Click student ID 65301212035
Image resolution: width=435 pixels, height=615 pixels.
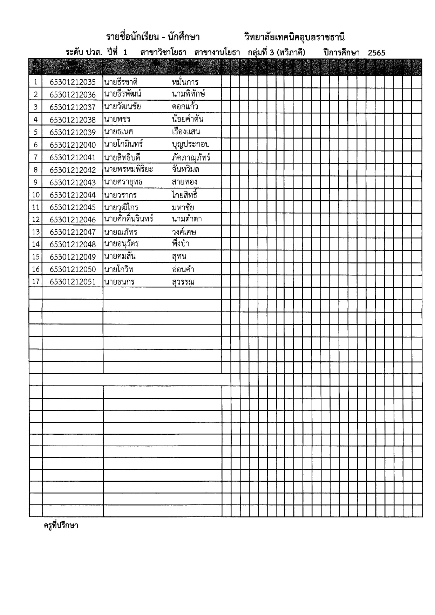coord(73,82)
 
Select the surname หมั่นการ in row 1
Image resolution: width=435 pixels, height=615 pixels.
coord(185,82)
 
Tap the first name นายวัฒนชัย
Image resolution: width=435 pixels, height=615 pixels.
coord(122,107)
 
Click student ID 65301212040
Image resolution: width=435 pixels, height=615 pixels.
coord(73,145)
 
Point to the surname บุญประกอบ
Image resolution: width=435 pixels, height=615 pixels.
coord(191,145)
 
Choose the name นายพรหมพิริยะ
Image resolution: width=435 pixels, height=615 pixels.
coord(128,169)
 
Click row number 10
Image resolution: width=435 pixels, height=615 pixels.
coord(36,195)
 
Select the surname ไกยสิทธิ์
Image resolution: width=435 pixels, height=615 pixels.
coord(185,195)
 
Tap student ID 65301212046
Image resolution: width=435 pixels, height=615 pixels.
coord(73,220)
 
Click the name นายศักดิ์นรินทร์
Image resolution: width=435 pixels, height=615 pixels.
coord(129,219)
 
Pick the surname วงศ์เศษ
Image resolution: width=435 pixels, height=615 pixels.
coord(184,232)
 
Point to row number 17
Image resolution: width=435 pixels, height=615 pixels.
coord(36,282)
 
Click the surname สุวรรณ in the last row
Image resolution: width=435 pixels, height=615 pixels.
coord(183,282)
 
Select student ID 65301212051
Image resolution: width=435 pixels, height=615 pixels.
coord(73,282)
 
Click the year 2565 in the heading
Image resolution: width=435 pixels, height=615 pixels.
coord(376,53)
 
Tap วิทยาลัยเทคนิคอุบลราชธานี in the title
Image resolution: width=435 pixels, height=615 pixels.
coord(294,37)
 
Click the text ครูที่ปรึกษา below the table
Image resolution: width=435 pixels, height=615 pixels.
coord(61,526)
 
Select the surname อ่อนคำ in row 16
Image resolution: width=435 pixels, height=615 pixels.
coord(183,269)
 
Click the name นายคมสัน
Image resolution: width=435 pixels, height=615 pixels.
coord(120,257)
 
